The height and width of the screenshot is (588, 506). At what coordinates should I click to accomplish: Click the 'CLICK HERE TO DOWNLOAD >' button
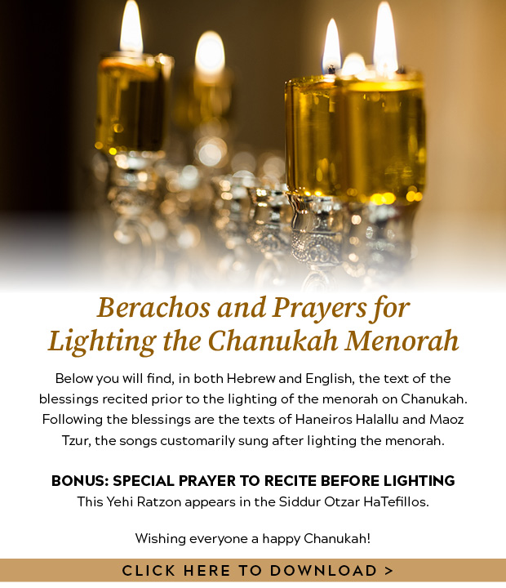[253, 570]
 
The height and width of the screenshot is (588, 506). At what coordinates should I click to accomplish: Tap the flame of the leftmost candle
[131, 29]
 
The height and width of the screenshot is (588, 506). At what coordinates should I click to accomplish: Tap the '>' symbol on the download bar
[388, 570]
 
